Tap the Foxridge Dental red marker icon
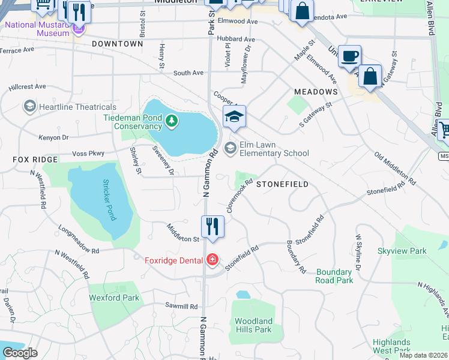tap(212, 260)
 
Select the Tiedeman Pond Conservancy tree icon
tap(172, 121)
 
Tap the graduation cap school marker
tap(235, 117)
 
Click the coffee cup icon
tap(350, 57)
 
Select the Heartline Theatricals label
tap(69, 107)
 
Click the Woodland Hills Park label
tap(253, 325)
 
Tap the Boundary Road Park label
tap(334, 276)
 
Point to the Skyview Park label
tap(402, 251)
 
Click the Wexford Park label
tap(114, 298)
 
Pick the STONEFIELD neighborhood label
tap(282, 184)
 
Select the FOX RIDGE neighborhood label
tap(35, 160)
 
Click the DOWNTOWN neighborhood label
tap(118, 44)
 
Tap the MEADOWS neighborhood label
tap(316, 91)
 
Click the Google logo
tap(20, 353)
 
